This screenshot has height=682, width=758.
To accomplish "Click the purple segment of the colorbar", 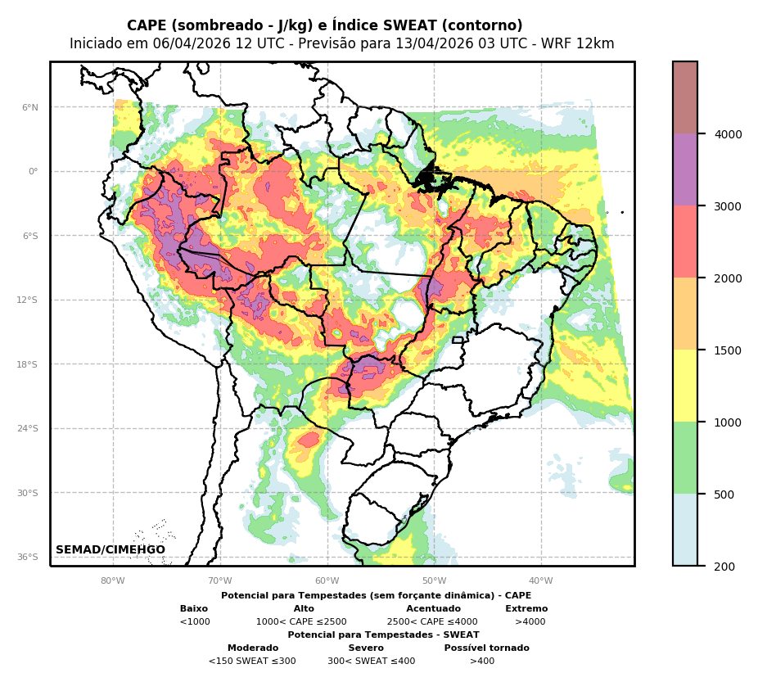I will tap(685, 170).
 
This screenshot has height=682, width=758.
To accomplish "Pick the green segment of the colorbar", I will tap(685, 458).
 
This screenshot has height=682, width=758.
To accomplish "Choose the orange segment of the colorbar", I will tap(685, 314).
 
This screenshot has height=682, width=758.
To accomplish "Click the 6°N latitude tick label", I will tap(30, 107).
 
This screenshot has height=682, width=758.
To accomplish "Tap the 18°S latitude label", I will tap(28, 364).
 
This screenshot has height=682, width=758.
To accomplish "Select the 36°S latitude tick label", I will tap(28, 558).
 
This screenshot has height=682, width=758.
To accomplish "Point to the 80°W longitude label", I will tap(113, 580).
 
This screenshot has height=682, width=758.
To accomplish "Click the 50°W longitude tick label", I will tap(434, 580).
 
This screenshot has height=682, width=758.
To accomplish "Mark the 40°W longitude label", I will tap(541, 580).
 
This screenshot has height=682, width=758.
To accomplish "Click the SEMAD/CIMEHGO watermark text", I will tap(111, 549).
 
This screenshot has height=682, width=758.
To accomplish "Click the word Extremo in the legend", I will tap(526, 609).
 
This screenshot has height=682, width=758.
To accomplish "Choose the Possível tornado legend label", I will tap(486, 648).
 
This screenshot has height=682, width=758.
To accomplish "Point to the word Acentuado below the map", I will tap(433, 609).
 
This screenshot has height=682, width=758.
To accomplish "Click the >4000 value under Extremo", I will tap(530, 622).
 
